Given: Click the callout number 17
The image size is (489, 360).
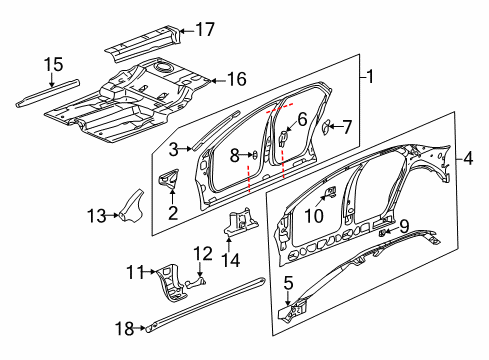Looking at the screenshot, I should click(x=204, y=29).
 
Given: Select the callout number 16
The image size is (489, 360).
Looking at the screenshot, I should click(x=237, y=79).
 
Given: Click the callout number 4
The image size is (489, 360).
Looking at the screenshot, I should click(x=467, y=158).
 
